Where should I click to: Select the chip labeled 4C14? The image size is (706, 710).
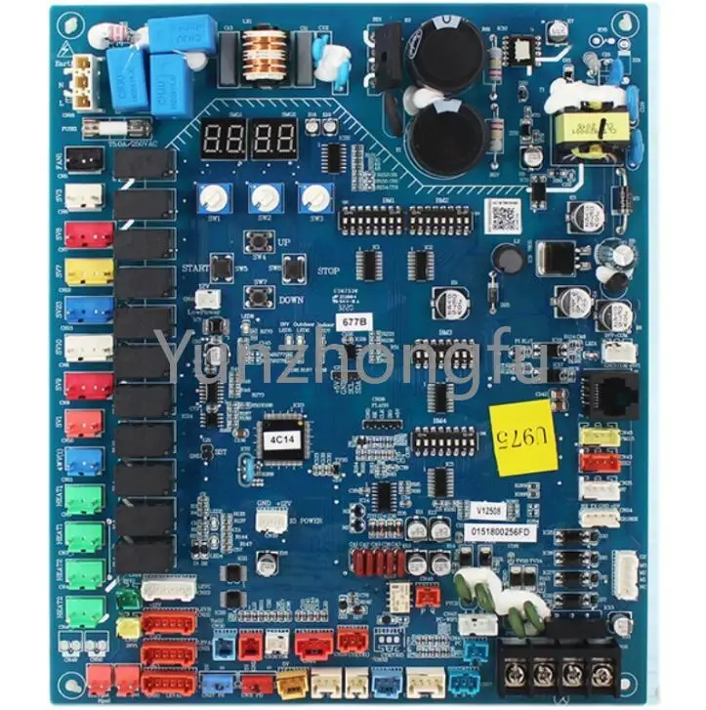coord(278,439)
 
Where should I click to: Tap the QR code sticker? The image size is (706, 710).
coord(504,214)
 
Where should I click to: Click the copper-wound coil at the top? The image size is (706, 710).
coord(263,56)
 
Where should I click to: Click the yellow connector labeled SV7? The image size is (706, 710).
coord(89,271)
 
